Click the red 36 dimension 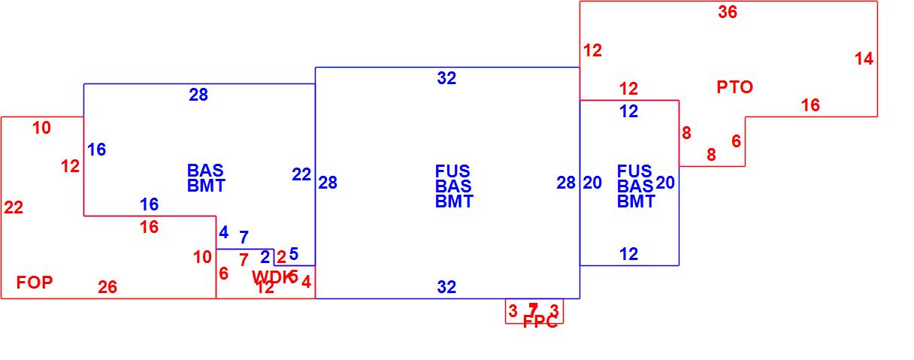[x=728, y=12]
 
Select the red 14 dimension [x=864, y=59]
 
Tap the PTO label [x=734, y=87]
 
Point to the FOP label [x=35, y=283]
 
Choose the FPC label [x=540, y=322]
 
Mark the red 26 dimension [x=107, y=287]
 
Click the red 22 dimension [x=14, y=208]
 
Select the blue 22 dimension [x=301, y=174]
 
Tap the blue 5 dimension [x=294, y=254]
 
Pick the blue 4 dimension [x=223, y=232]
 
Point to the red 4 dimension [x=306, y=282]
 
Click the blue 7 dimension [x=244, y=237]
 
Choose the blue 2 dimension [x=265, y=257]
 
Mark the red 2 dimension [x=281, y=257]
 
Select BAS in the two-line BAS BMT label [x=205, y=171]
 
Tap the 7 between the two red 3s [x=533, y=310]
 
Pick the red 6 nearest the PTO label [x=736, y=141]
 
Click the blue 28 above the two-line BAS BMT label [x=198, y=95]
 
